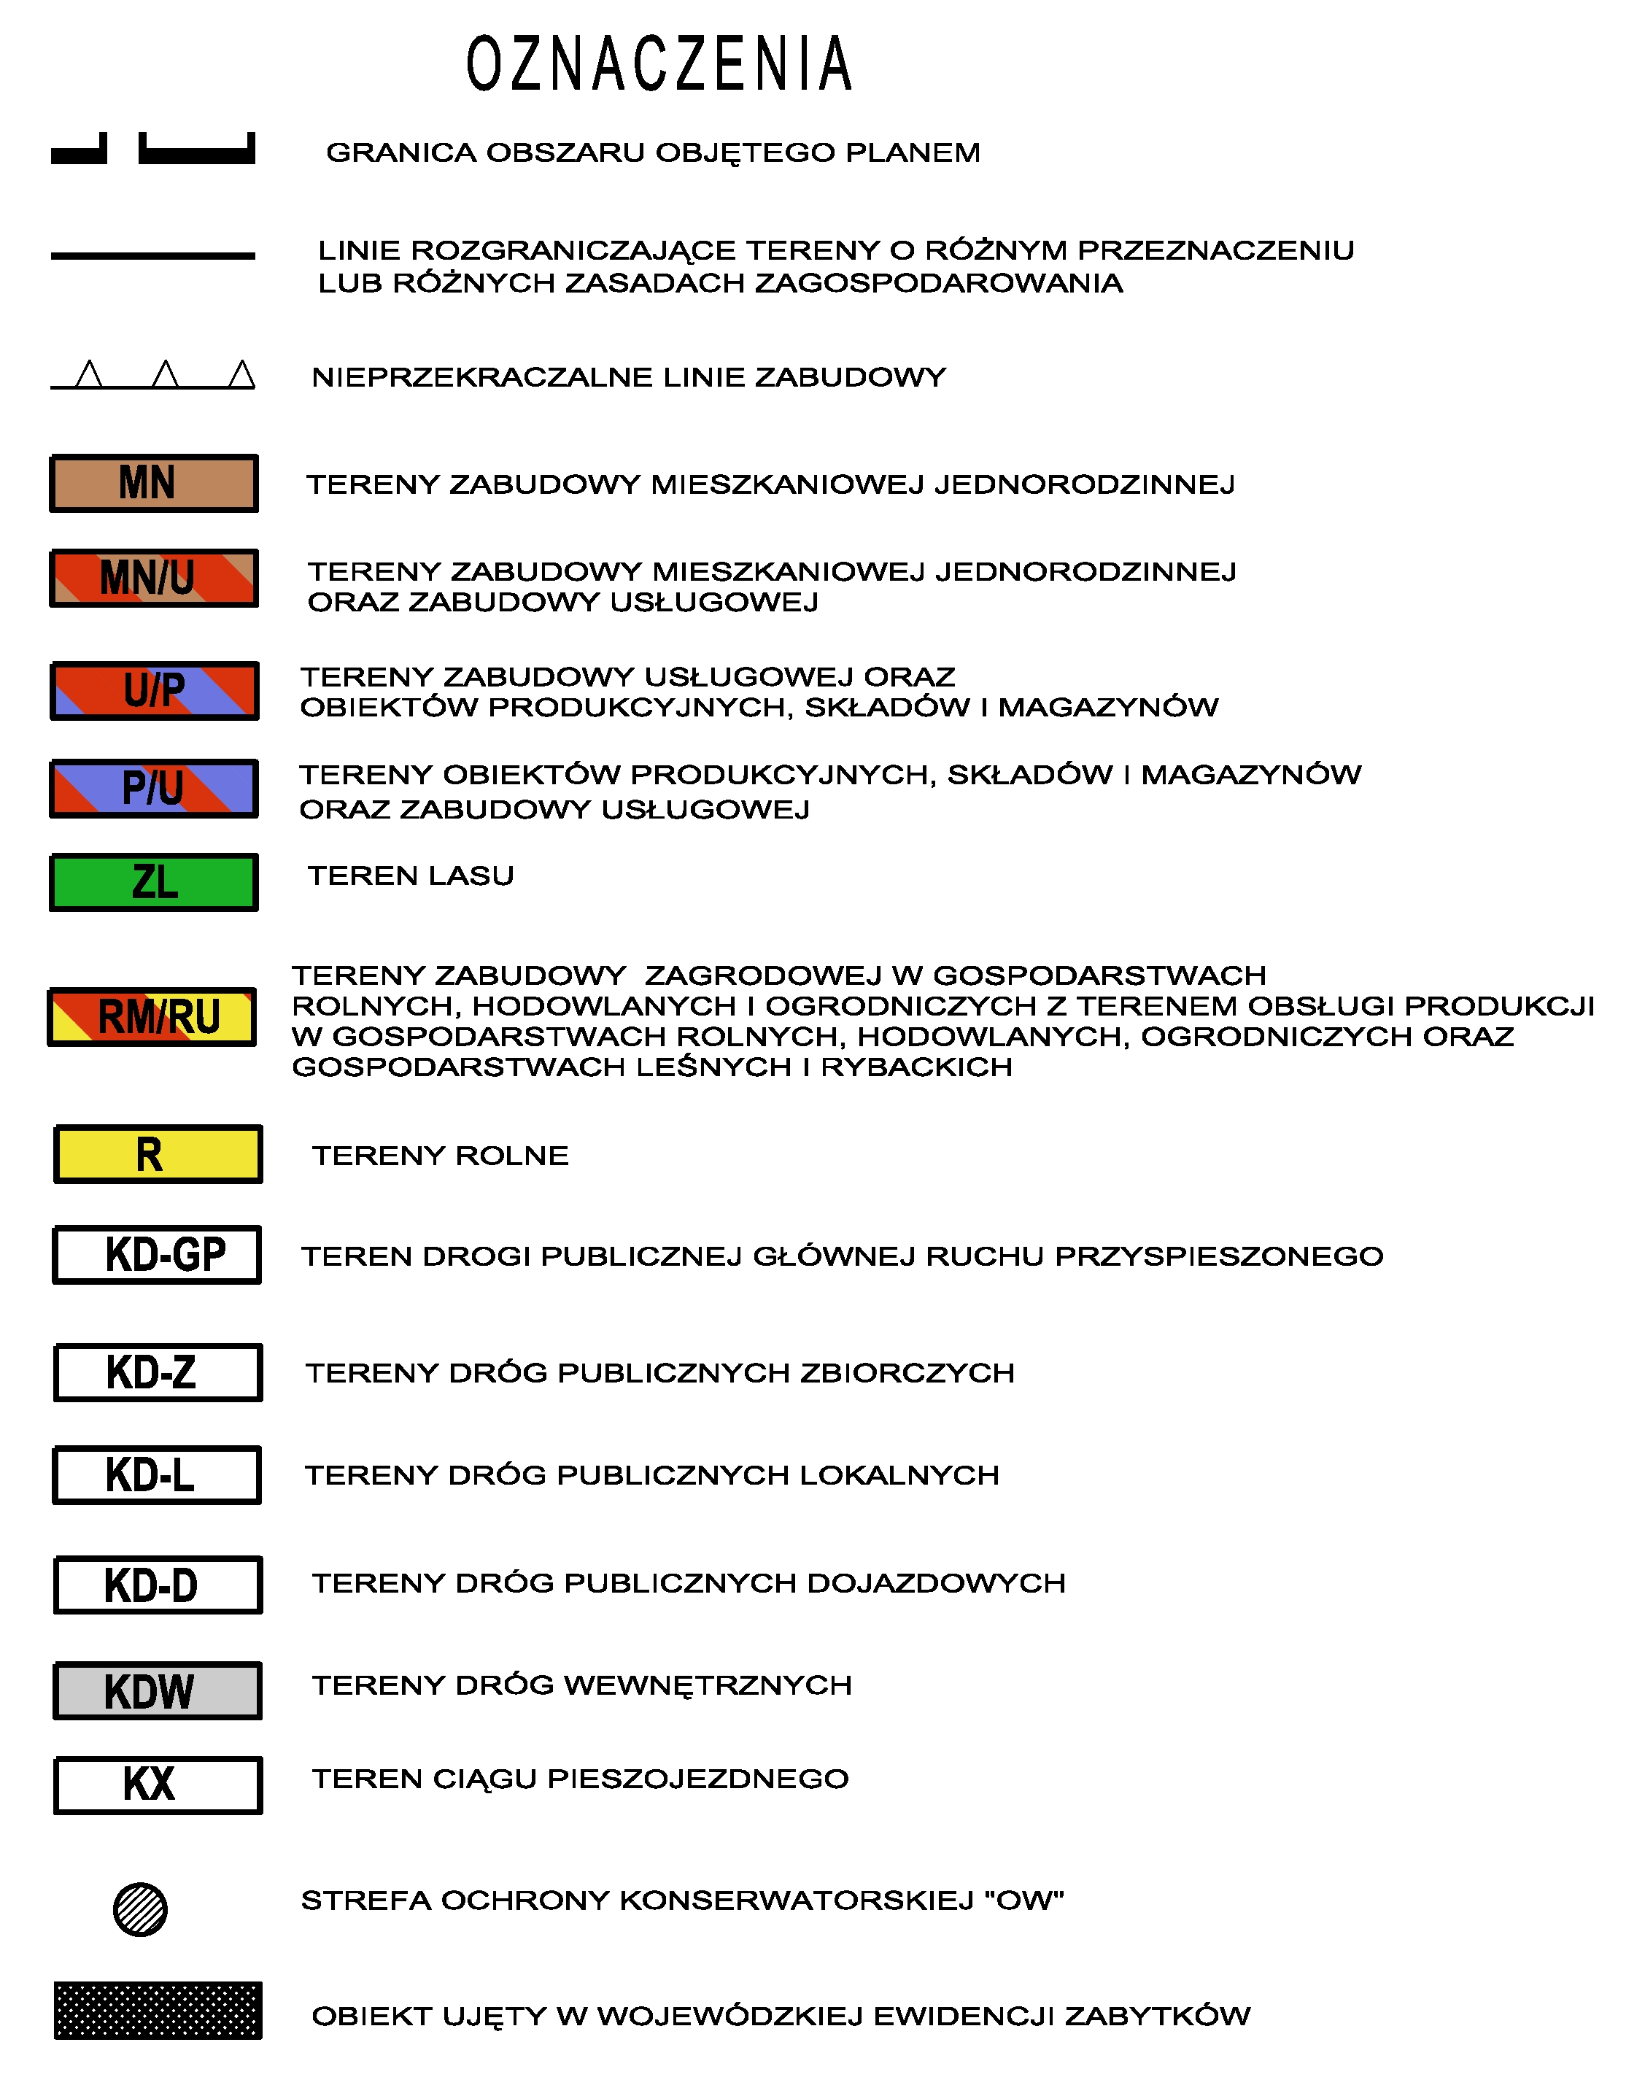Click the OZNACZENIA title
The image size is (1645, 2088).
pos(659,64)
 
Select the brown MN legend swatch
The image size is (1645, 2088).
pos(154,484)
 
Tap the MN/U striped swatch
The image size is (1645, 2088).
pos(154,578)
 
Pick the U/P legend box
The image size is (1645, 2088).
pos(154,691)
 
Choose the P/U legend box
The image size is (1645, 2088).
pos(154,788)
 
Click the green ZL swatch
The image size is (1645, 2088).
pos(154,882)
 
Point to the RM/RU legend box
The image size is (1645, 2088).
pos(152,1017)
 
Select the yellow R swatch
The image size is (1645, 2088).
pos(158,1153)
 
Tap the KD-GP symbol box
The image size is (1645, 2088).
pos(157,1255)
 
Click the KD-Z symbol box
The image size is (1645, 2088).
pos(158,1372)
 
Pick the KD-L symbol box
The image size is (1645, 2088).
pos(157,1474)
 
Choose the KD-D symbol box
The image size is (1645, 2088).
pos(158,1585)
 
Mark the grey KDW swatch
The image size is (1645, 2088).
pos(158,1691)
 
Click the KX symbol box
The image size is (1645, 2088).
pos(158,1785)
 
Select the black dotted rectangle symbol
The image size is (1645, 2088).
pos(158,2010)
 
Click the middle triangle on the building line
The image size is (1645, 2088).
pos(166,375)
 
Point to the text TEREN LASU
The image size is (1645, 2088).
pos(411,875)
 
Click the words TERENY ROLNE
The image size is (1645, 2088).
pos(440,1156)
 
